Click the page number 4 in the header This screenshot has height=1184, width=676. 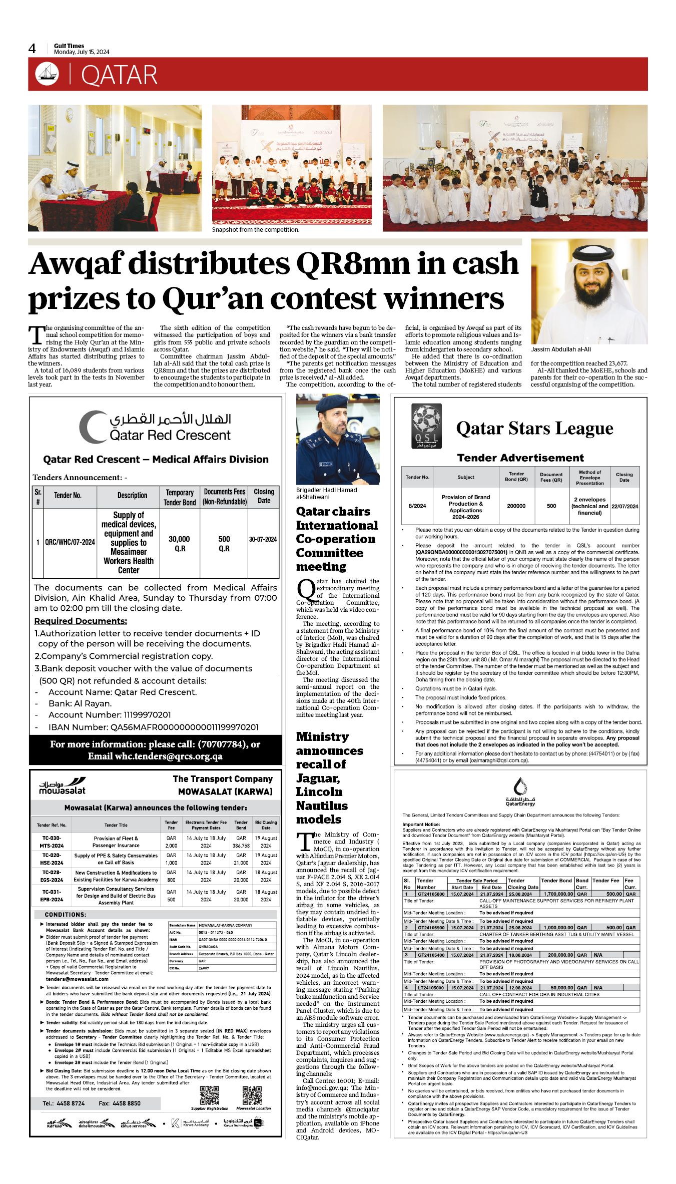tap(32, 49)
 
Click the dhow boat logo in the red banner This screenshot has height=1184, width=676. tap(47, 74)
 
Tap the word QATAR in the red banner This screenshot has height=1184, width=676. tap(119, 75)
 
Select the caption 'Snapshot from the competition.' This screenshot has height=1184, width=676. tap(255, 230)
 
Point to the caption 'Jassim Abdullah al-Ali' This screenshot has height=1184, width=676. tap(560, 349)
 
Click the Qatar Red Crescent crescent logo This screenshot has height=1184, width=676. tap(93, 427)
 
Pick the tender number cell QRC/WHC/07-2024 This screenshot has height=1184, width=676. tap(70, 542)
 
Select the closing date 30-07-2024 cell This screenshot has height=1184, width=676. tap(263, 539)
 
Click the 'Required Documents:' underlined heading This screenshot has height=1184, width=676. tap(81, 621)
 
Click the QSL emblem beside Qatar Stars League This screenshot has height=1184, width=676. tap(426, 425)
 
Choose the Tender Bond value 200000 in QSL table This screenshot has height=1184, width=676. tap(516, 506)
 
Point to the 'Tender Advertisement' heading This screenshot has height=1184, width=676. tap(520, 458)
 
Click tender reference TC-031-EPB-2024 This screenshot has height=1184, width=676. tap(52, 895)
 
